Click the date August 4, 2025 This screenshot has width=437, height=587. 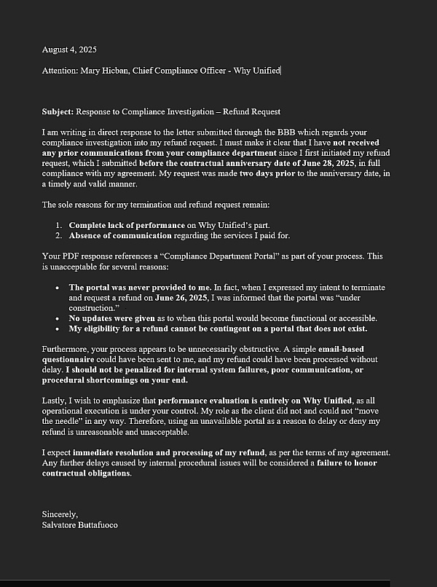(x=69, y=50)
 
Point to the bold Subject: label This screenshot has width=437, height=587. (x=58, y=111)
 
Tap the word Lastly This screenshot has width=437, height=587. (x=55, y=400)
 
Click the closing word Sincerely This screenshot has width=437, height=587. (x=59, y=514)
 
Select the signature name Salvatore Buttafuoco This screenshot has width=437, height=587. (x=80, y=524)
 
